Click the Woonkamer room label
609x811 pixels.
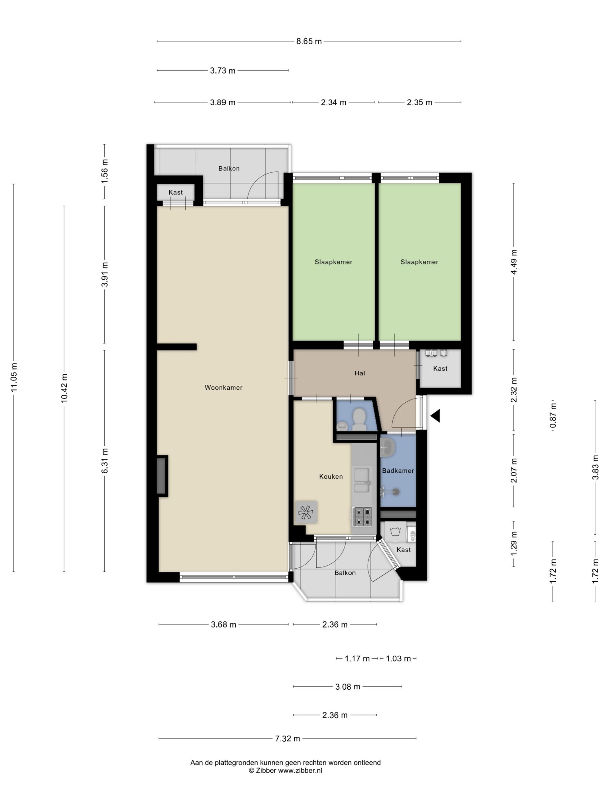coord(223,387)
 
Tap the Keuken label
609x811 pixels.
coord(331,477)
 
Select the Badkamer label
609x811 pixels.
coord(398,471)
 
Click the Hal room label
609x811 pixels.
coord(360,373)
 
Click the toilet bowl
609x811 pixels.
coord(359,419)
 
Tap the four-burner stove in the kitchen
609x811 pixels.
coord(362,516)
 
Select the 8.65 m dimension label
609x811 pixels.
coord(309,42)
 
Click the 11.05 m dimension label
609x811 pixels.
coord(14,377)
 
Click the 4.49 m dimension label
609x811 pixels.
coord(514,262)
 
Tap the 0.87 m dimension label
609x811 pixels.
coord(553,415)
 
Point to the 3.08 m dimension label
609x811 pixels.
coord(348,687)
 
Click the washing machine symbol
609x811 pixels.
coord(395,531)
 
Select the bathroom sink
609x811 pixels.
coord(387,447)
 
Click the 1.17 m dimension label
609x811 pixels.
coord(357,659)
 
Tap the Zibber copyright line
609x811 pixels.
coord(285,770)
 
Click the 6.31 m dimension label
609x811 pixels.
coord(105,461)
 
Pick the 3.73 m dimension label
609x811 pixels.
coord(222,71)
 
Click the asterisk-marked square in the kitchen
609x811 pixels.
coord(306,512)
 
